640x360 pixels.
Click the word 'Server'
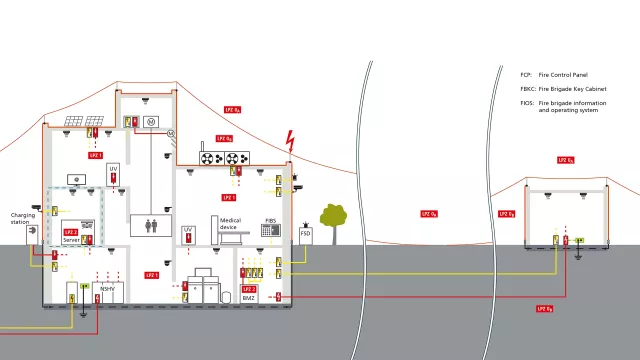click(70, 240)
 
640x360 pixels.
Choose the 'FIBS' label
click(270, 219)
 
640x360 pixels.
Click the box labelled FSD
click(306, 233)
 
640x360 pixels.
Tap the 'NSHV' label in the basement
click(107, 289)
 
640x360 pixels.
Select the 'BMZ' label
click(249, 297)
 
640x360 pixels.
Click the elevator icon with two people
click(150, 226)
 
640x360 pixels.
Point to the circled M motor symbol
click(152, 121)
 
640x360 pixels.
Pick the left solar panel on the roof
click(74, 124)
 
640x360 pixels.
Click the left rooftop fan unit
click(212, 158)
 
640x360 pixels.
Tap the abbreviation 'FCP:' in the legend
click(526, 75)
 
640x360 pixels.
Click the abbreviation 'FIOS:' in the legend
click(527, 103)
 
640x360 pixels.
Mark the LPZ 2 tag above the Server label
click(70, 232)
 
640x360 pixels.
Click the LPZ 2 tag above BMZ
click(249, 289)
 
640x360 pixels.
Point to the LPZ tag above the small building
click(565, 160)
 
